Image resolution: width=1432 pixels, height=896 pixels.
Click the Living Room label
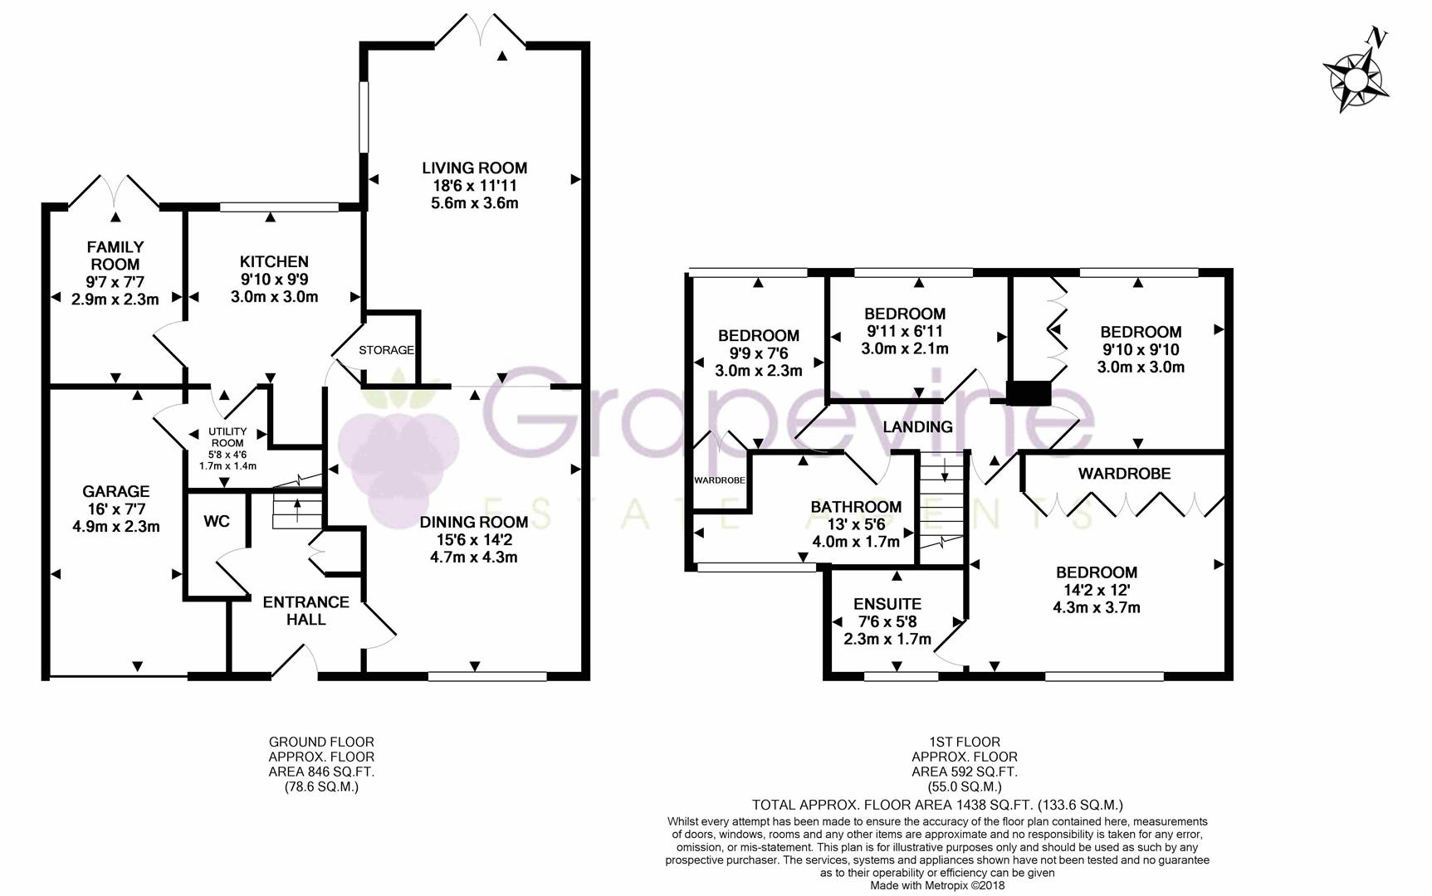474,168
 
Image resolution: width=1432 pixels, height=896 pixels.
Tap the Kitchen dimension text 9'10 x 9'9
274,280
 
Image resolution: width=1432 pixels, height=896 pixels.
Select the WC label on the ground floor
217,522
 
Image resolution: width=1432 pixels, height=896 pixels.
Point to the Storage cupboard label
386,350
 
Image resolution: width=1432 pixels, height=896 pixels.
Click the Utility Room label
227,437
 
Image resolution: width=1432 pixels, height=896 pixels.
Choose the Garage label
115,492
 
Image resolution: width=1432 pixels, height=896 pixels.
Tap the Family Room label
115,256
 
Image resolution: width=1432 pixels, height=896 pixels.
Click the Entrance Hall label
305,611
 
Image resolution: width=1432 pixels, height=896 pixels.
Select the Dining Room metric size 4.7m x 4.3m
474,557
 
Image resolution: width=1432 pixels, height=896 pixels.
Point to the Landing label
917,426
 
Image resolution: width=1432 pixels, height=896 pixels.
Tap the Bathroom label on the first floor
856,507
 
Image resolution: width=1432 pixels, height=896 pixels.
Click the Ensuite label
887,604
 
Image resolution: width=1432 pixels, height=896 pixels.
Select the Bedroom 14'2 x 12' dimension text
1096,590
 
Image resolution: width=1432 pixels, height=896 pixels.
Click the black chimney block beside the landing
1029,393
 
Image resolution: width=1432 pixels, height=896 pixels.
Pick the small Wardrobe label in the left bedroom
720,480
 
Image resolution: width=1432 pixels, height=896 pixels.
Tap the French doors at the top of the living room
481,30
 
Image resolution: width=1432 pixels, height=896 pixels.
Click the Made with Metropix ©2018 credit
937,885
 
